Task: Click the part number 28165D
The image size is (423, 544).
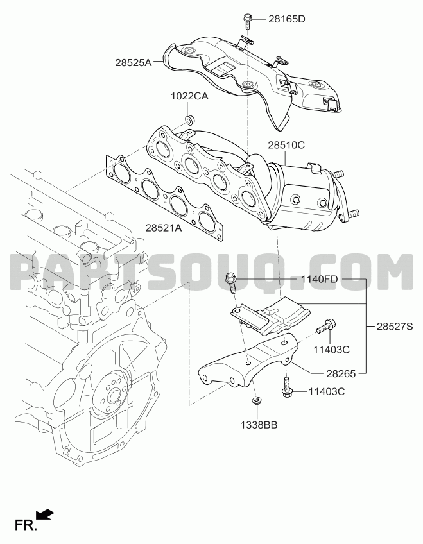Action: pyautogui.click(x=286, y=19)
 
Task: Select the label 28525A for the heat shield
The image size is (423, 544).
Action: pyautogui.click(x=134, y=63)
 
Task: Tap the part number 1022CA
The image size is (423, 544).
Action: pyautogui.click(x=189, y=96)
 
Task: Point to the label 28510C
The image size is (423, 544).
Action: pyautogui.click(x=286, y=145)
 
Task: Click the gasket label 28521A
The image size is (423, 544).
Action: pyautogui.click(x=164, y=228)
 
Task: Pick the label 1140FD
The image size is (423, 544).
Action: pyautogui.click(x=319, y=279)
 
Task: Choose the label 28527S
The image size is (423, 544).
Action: pyautogui.click(x=395, y=326)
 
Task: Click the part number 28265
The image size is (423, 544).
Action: pyautogui.click(x=341, y=373)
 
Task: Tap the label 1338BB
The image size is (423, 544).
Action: pyautogui.click(x=259, y=425)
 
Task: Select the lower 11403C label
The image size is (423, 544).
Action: pyautogui.click(x=327, y=391)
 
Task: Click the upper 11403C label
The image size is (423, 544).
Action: pyautogui.click(x=331, y=350)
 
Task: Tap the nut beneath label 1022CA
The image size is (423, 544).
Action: pyautogui.click(x=189, y=120)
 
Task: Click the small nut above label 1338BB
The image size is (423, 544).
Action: pyautogui.click(x=257, y=402)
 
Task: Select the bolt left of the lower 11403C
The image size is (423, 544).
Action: pyautogui.click(x=287, y=387)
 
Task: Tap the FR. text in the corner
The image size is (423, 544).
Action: pyautogui.click(x=26, y=525)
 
